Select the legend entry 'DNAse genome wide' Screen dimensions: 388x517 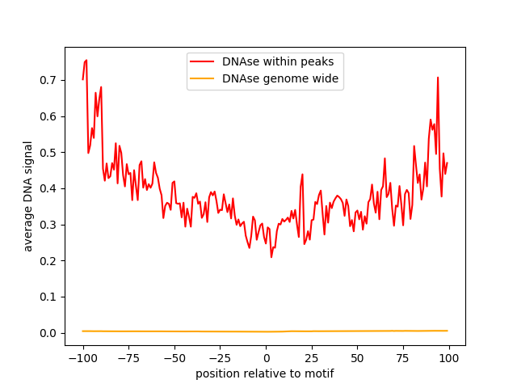[280, 79]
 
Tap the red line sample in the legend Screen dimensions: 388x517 [204, 61]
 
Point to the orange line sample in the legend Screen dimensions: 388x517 [204, 79]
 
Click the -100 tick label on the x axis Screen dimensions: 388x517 [82, 358]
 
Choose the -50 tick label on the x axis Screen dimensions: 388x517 [174, 358]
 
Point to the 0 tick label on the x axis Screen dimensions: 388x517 [266, 358]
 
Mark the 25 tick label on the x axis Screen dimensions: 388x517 [312, 358]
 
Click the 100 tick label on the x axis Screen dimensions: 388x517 [449, 358]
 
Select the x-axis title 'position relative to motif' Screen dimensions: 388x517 [265, 373]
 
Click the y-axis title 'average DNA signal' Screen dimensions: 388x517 [28, 196]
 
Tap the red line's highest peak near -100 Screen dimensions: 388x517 [86, 60]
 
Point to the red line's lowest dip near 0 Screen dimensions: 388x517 [271, 257]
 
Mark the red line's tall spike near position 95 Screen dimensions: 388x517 [438, 78]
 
